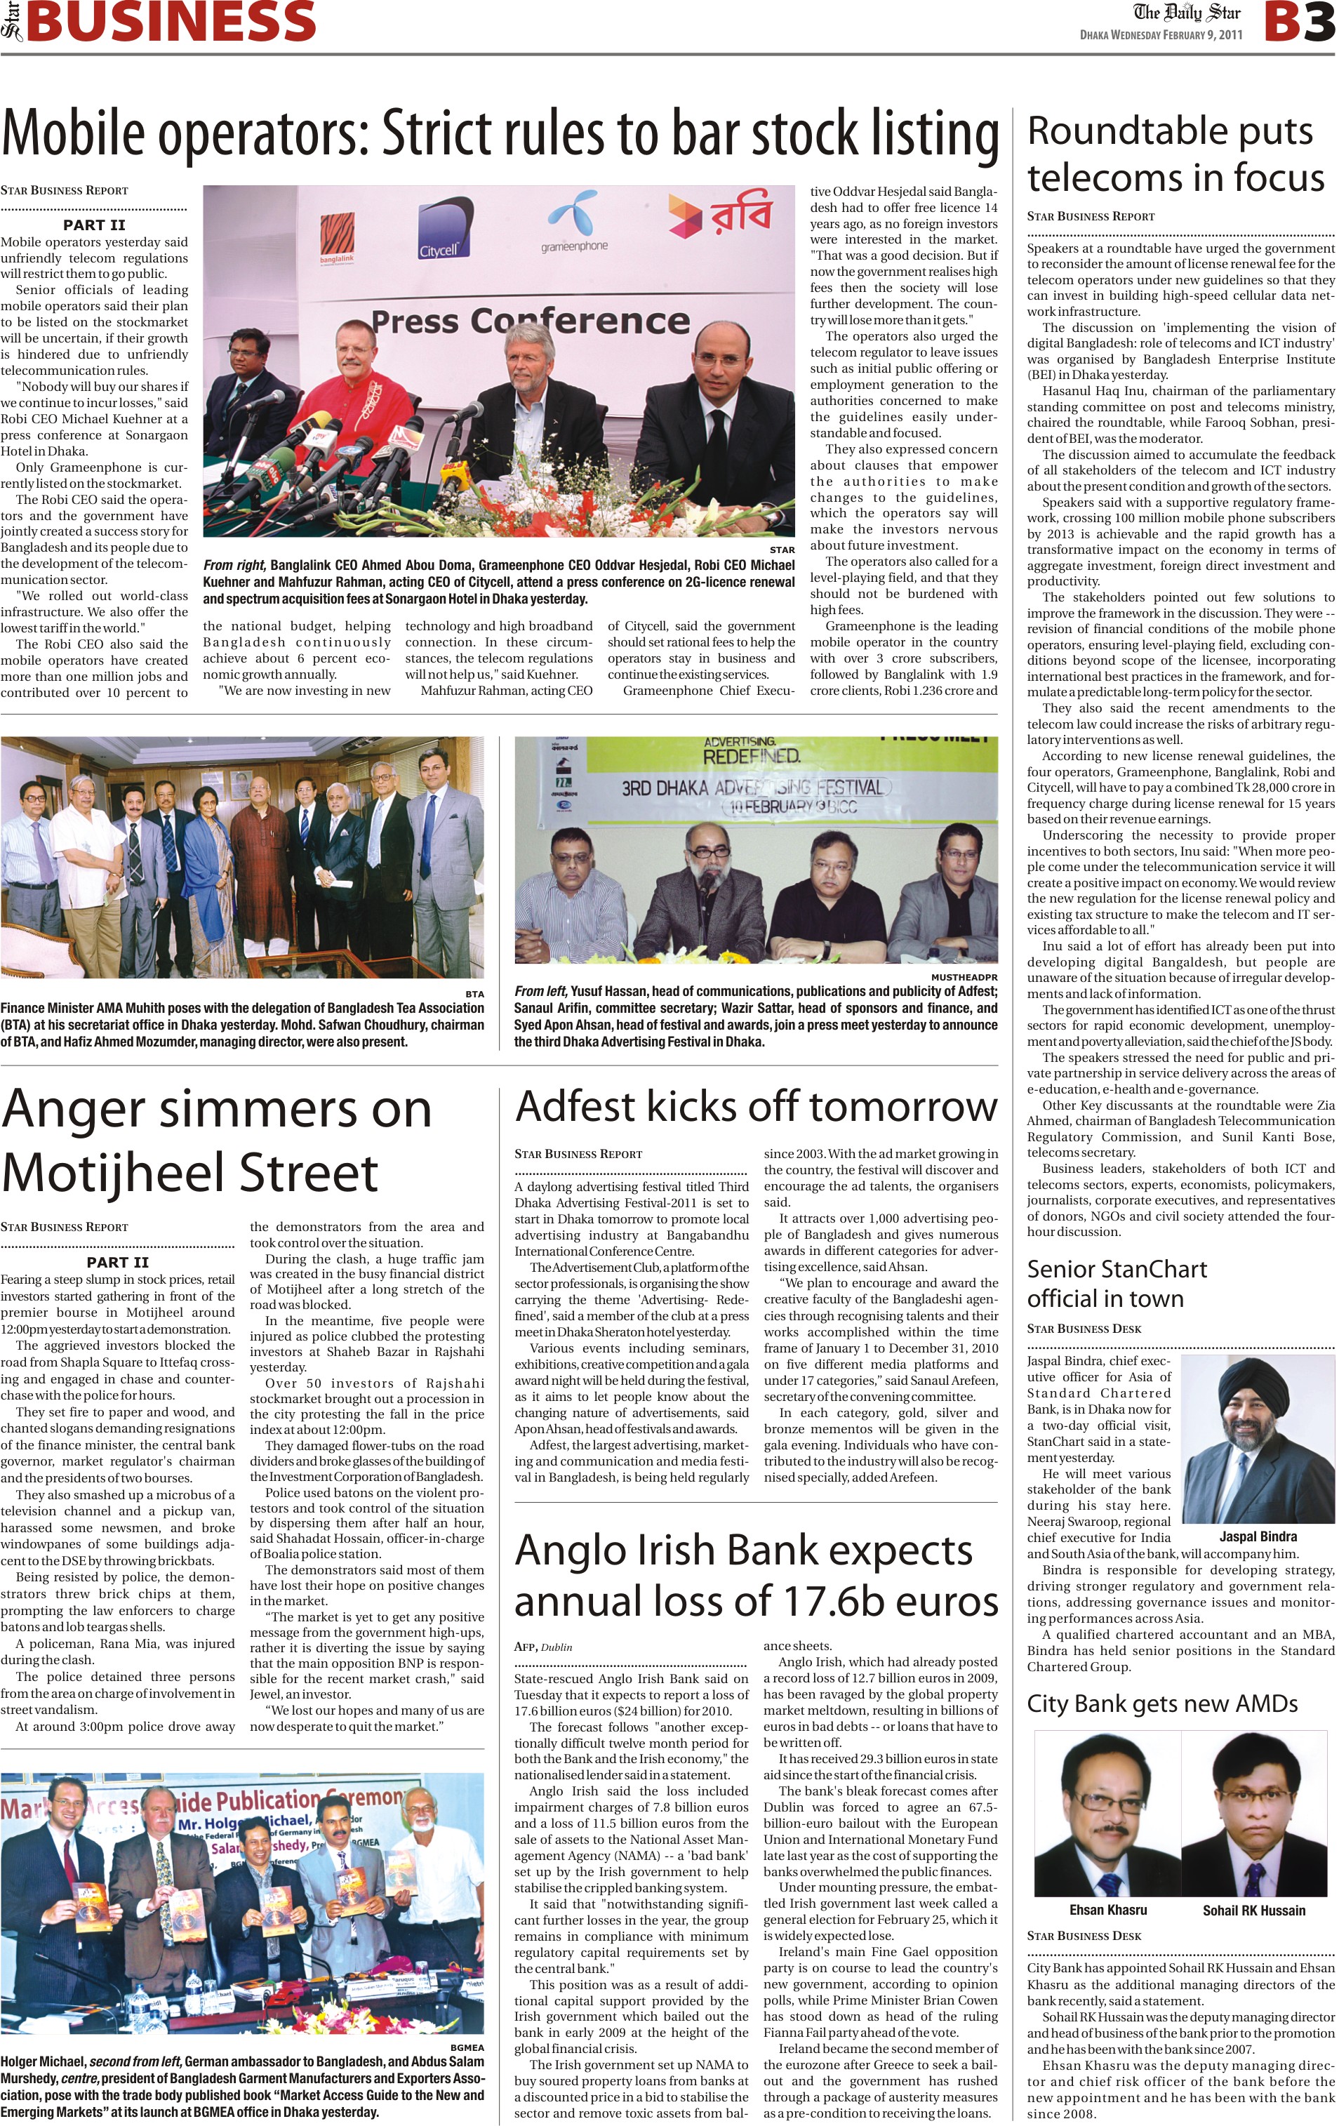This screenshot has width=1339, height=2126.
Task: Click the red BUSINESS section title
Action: pyautogui.click(x=171, y=21)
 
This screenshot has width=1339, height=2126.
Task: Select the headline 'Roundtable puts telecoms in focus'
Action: pyautogui.click(x=1175, y=154)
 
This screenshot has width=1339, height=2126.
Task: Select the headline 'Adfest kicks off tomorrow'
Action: pyautogui.click(x=756, y=1107)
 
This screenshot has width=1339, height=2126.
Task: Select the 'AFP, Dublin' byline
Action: pyautogui.click(x=543, y=1647)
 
